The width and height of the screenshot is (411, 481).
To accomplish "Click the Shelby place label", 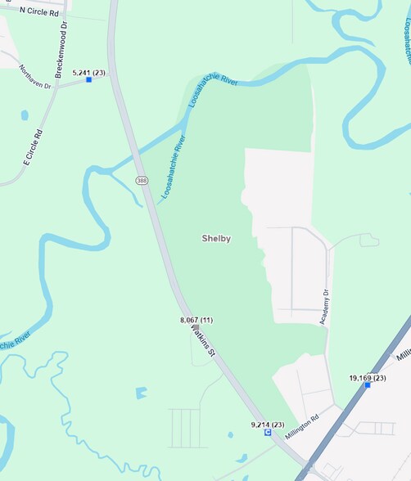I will tap(216, 239).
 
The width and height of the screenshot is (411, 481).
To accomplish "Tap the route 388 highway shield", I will tap(142, 180).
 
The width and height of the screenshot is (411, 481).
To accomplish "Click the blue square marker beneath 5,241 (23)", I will tap(89, 79).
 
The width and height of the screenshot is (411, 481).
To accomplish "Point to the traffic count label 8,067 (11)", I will tap(196, 319).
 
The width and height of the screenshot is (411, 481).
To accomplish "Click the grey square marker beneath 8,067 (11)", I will tap(196, 327).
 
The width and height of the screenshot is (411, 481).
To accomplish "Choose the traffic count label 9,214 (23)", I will tap(267, 425).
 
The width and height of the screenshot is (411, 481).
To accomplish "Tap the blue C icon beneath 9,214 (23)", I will tap(267, 433).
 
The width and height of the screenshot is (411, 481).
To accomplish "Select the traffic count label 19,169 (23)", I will tap(368, 377).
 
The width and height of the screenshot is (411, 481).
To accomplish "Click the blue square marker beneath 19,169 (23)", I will tap(368, 385).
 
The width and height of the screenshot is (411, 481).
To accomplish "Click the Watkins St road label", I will tap(203, 340).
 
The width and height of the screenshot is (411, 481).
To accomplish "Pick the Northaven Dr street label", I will tap(35, 75).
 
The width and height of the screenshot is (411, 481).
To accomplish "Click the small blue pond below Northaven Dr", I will tap(24, 115).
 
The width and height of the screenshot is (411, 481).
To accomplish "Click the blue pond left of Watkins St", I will tap(142, 393).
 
